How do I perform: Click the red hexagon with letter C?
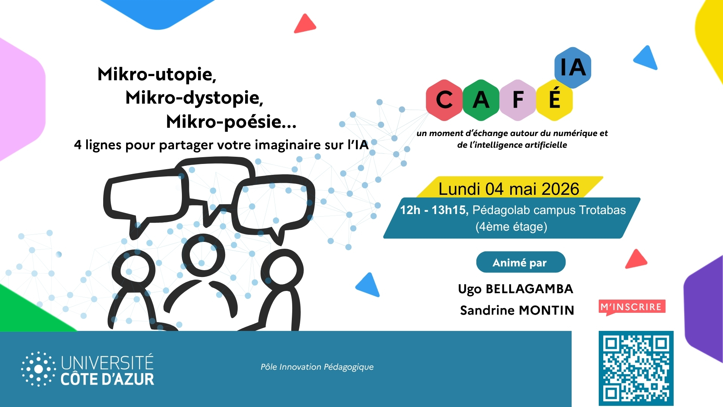pos(444,100)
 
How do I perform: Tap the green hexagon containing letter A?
pos(481,100)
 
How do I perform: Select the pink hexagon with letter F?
pos(518,100)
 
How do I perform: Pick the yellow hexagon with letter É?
pos(554,100)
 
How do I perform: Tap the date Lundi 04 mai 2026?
pos(509,189)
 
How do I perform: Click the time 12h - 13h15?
pos(433,210)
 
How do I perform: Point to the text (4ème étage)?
pos(511,227)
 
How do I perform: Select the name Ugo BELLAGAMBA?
pos(516,289)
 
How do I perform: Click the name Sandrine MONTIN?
pos(517,310)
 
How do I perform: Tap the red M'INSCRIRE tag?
pos(632,307)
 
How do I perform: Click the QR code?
pos(636,368)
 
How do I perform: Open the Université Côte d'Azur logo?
pos(88,369)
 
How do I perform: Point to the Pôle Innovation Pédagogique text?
pos(317,367)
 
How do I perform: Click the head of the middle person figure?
pos(203,255)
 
